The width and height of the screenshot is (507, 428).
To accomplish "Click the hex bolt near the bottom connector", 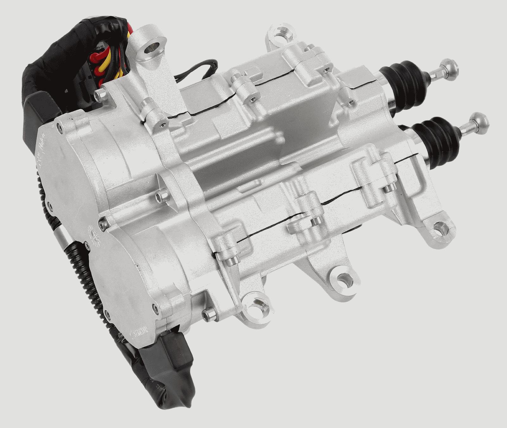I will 209,315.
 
